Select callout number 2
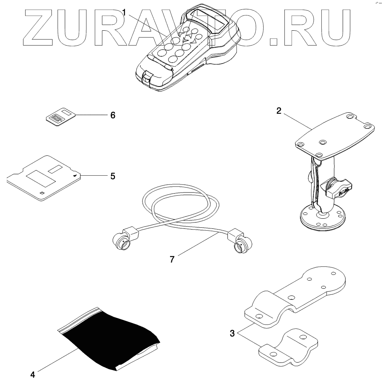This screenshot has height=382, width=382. (279, 111)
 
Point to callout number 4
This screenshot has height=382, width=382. (33, 374)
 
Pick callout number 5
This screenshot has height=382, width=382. (112, 176)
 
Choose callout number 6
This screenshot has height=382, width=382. (112, 115)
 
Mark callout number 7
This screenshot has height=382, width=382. (172, 259)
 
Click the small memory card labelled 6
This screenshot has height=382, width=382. (60, 117)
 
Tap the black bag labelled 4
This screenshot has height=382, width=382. (109, 337)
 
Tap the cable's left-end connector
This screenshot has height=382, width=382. (124, 242)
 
